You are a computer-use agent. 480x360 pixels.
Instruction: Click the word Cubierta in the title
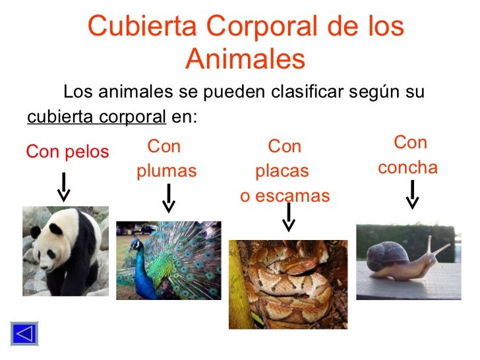tap(142, 27)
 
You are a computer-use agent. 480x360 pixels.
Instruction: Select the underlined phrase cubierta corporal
tap(96, 117)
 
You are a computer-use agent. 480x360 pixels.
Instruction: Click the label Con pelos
tap(67, 152)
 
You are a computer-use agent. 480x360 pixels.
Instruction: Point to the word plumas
tap(167, 171)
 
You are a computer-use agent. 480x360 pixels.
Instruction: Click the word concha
tap(407, 167)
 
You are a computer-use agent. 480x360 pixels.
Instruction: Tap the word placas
tap(282, 171)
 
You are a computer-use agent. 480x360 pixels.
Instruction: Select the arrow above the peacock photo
tap(169, 198)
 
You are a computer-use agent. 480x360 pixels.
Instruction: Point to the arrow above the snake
tap(288, 217)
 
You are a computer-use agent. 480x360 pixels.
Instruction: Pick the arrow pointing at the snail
tap(412, 195)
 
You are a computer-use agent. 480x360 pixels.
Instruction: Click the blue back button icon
tap(24, 333)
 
